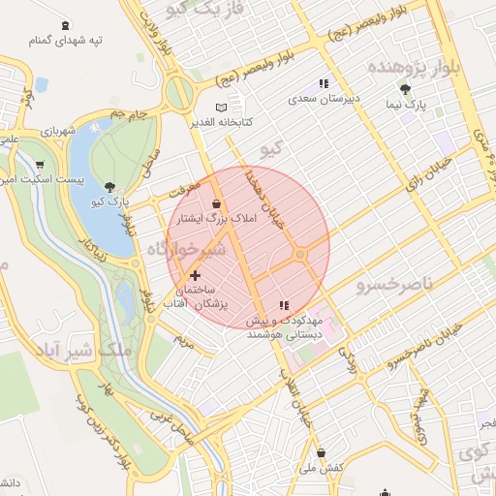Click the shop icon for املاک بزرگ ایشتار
[x=215, y=203]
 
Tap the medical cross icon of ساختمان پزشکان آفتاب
[x=196, y=276]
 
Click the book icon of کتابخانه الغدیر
[x=222, y=107]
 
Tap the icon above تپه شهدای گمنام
[x=64, y=25]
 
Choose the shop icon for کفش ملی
[x=321, y=452]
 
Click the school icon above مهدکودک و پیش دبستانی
[x=284, y=305]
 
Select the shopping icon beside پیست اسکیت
[x=40, y=165]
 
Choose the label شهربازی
[x=57, y=130]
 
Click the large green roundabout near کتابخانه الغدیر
[x=180, y=94]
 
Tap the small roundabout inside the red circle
[x=301, y=254]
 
